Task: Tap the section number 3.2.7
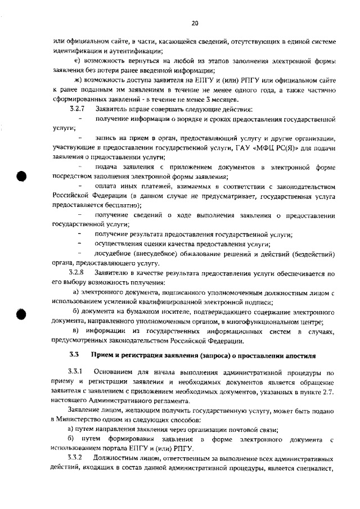click(76, 109)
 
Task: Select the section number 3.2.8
click(76, 272)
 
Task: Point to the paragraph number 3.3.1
click(75, 372)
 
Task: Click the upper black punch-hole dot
click(22, 175)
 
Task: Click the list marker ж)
click(78, 79)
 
